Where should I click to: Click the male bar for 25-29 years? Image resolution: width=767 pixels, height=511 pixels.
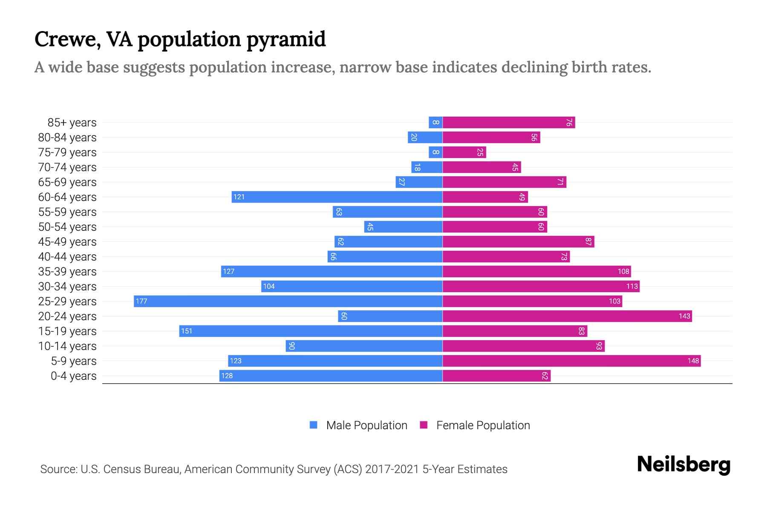click(288, 301)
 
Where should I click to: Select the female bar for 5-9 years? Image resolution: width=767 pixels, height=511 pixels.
click(571, 361)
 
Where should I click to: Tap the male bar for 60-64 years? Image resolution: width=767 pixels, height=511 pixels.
click(337, 197)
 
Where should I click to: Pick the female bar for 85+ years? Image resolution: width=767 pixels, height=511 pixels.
click(509, 122)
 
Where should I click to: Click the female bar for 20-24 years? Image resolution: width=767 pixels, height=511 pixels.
click(567, 316)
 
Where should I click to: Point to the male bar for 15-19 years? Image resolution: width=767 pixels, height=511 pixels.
click(311, 331)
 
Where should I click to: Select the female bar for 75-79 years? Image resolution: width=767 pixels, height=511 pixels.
click(464, 152)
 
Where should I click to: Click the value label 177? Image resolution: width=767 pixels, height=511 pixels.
click(141, 301)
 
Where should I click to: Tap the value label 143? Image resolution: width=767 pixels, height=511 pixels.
click(684, 316)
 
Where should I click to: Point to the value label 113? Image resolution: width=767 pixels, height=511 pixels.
click(632, 286)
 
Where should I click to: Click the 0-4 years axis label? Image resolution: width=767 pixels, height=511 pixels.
click(73, 376)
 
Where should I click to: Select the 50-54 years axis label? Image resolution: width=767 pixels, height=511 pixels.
click(67, 227)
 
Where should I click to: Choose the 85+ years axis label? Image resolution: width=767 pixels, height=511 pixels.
click(72, 123)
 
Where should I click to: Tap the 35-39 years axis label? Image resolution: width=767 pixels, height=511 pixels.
click(67, 272)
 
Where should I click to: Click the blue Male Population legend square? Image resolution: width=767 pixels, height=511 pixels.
click(314, 425)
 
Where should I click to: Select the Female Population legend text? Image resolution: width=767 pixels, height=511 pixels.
click(483, 425)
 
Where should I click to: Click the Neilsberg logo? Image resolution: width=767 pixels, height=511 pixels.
click(683, 464)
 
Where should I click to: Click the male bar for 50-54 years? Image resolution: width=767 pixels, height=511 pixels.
click(403, 227)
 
